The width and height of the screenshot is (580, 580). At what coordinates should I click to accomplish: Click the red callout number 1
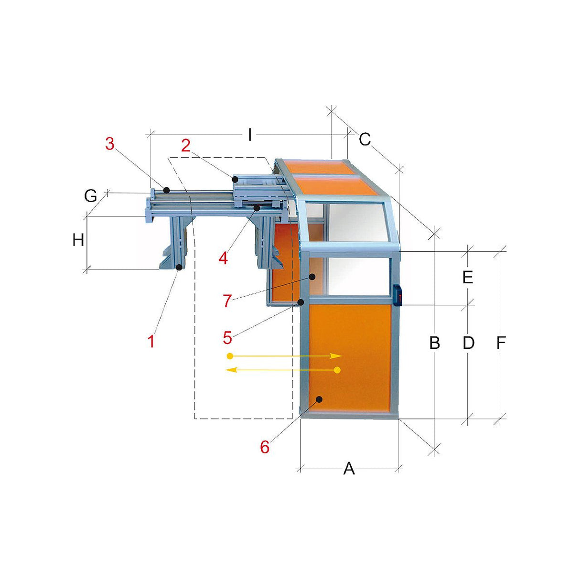[x=151, y=341]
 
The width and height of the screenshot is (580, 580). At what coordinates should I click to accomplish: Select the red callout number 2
[x=186, y=146]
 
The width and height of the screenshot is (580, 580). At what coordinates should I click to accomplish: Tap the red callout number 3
[x=110, y=144]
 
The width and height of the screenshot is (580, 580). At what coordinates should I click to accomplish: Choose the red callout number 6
[x=265, y=447]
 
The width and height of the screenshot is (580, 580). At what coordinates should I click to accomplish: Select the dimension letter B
[x=434, y=343]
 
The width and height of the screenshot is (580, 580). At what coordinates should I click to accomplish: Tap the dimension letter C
[x=365, y=139]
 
